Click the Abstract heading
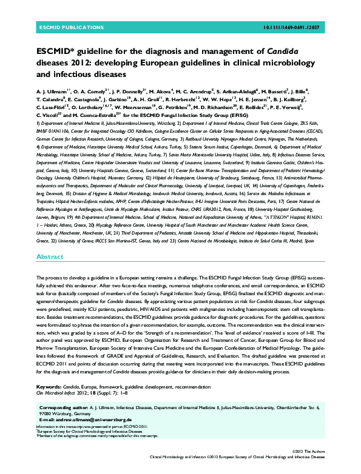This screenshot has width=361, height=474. tap(50, 257)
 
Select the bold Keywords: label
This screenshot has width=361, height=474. tap(49, 386)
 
